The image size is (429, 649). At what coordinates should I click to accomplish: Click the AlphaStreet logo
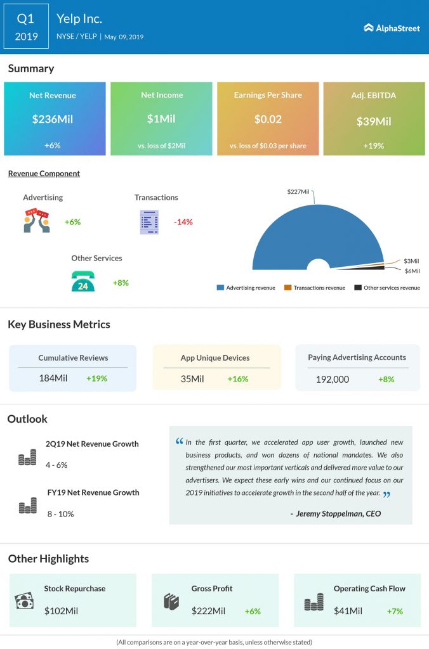pyautogui.click(x=392, y=28)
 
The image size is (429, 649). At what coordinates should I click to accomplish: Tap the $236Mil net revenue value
pyautogui.click(x=53, y=119)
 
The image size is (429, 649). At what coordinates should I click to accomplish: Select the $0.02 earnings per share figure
pyautogui.click(x=268, y=119)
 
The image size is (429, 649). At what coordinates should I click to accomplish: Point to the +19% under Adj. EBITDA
pyautogui.click(x=373, y=146)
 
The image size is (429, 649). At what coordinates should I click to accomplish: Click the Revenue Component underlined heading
pyautogui.click(x=44, y=174)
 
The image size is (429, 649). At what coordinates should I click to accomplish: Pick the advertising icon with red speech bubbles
pyautogui.click(x=37, y=221)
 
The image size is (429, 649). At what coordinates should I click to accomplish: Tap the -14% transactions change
pyautogui.click(x=183, y=222)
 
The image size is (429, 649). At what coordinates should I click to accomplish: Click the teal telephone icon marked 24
pyautogui.click(x=83, y=281)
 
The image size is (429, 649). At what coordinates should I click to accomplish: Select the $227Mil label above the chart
pyautogui.click(x=298, y=191)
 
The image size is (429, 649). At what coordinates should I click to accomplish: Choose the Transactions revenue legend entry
pyautogui.click(x=315, y=288)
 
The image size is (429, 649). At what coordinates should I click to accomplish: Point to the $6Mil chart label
pyautogui.click(x=412, y=271)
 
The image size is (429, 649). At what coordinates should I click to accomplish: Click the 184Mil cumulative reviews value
pyautogui.click(x=53, y=378)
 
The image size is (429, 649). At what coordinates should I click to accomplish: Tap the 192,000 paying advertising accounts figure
pyautogui.click(x=333, y=380)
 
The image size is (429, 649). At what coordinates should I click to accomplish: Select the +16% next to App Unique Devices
pyautogui.click(x=238, y=379)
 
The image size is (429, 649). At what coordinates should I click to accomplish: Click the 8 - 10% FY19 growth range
pyautogui.click(x=60, y=514)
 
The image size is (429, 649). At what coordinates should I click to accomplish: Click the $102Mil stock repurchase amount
pyautogui.click(x=61, y=611)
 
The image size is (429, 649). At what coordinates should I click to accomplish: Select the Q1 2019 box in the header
pyautogui.click(x=26, y=27)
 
